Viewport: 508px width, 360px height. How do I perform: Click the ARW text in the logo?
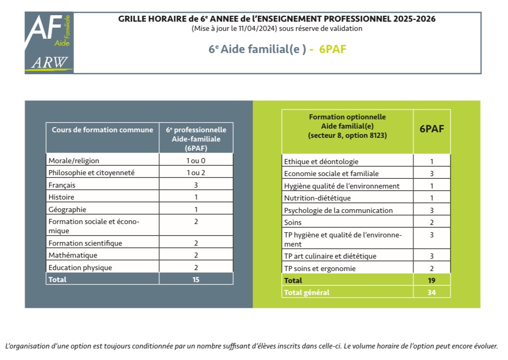point(50,62)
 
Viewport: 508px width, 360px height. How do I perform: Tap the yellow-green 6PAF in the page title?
point(333,49)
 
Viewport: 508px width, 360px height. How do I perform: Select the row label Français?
point(62,185)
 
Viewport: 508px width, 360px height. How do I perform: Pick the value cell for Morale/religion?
point(195,161)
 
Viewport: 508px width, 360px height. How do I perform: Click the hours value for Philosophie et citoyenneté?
point(195,173)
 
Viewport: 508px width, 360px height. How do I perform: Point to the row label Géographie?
point(67,210)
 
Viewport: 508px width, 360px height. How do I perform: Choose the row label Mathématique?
point(73,255)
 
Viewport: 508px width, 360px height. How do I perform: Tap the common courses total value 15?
point(195,280)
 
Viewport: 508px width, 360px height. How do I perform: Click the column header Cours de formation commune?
point(102,130)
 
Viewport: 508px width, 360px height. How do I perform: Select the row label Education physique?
point(80,268)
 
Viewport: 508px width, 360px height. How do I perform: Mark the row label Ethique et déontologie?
point(321,162)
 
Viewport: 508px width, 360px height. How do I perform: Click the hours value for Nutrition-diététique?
point(431,198)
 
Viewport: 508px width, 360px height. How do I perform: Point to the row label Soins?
point(293,223)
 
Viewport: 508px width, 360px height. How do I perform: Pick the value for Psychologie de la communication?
point(431,210)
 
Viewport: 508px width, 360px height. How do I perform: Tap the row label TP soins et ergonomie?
point(320,269)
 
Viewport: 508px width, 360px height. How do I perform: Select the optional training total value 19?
point(431,281)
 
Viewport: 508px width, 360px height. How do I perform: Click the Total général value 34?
point(431,293)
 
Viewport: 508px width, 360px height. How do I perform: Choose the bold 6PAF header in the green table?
point(431,129)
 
